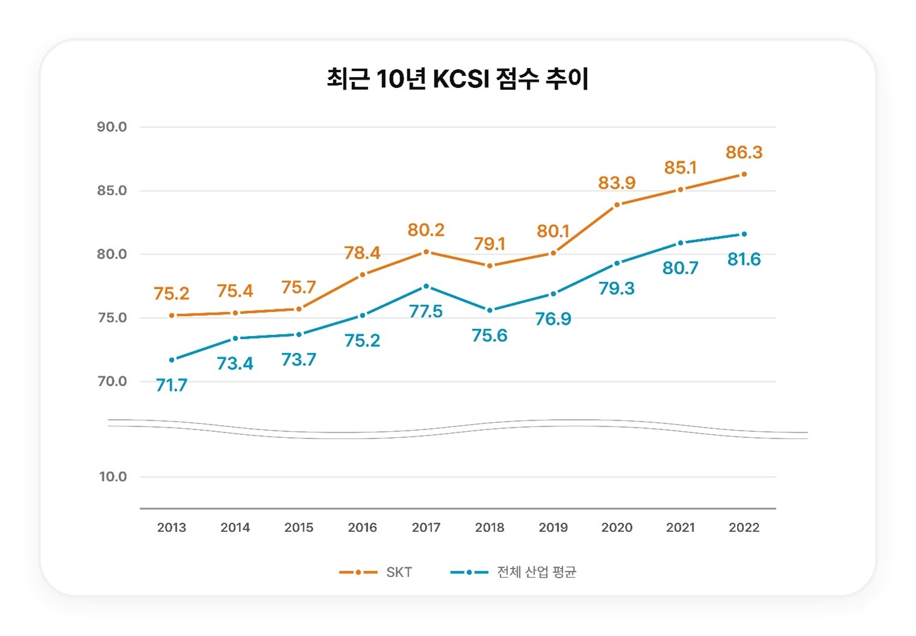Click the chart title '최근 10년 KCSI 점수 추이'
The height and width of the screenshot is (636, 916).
click(x=457, y=79)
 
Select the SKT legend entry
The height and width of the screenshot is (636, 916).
click(x=376, y=572)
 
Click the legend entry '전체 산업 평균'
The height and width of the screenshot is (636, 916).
click(x=513, y=572)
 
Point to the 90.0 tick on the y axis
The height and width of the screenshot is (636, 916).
click(x=112, y=127)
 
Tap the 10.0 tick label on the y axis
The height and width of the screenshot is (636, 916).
click(x=113, y=477)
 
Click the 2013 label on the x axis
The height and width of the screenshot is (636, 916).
click(x=172, y=528)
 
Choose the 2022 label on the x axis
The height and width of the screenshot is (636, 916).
click(x=744, y=528)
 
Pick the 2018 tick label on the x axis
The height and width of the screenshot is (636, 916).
click(x=489, y=528)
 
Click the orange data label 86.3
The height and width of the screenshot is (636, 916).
click(x=744, y=152)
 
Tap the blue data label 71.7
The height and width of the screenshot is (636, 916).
click(x=172, y=385)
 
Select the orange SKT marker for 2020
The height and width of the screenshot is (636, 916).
click(x=616, y=205)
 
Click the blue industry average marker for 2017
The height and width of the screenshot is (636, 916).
click(x=426, y=286)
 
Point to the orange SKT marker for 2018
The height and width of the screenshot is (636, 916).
click(x=489, y=266)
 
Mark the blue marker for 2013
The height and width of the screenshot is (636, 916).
click(x=172, y=360)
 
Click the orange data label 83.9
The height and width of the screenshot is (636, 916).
click(x=616, y=182)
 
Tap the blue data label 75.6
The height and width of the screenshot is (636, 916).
click(x=489, y=335)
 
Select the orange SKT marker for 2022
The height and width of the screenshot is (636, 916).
click(x=744, y=174)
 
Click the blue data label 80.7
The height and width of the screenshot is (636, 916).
click(x=680, y=268)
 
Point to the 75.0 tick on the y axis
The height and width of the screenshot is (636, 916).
click(x=112, y=318)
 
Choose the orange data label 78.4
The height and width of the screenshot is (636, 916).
click(x=362, y=252)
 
